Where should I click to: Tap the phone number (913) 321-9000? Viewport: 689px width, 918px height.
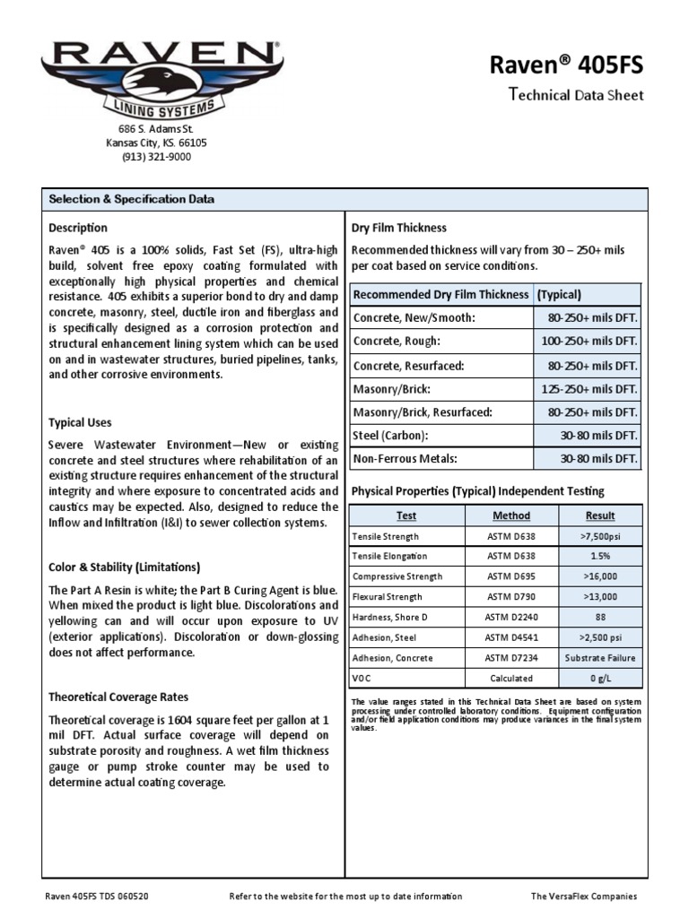pyautogui.click(x=156, y=157)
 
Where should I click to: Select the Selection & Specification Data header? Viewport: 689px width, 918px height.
pyautogui.click(x=131, y=199)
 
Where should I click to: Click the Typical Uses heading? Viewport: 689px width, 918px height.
pyautogui.click(x=80, y=422)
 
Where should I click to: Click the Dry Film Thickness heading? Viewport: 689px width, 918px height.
pyautogui.click(x=398, y=228)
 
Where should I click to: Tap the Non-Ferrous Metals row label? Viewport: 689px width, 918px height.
pyautogui.click(x=406, y=459)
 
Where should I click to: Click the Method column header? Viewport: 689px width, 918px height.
pyautogui.click(x=511, y=515)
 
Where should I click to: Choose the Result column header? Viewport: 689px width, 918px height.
pyautogui.click(x=600, y=515)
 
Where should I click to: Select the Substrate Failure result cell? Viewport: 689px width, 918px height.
pyautogui.click(x=600, y=658)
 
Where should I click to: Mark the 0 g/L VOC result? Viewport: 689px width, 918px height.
pyautogui.click(x=600, y=679)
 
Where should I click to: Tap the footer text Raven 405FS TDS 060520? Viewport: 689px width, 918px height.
pyautogui.click(x=97, y=896)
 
